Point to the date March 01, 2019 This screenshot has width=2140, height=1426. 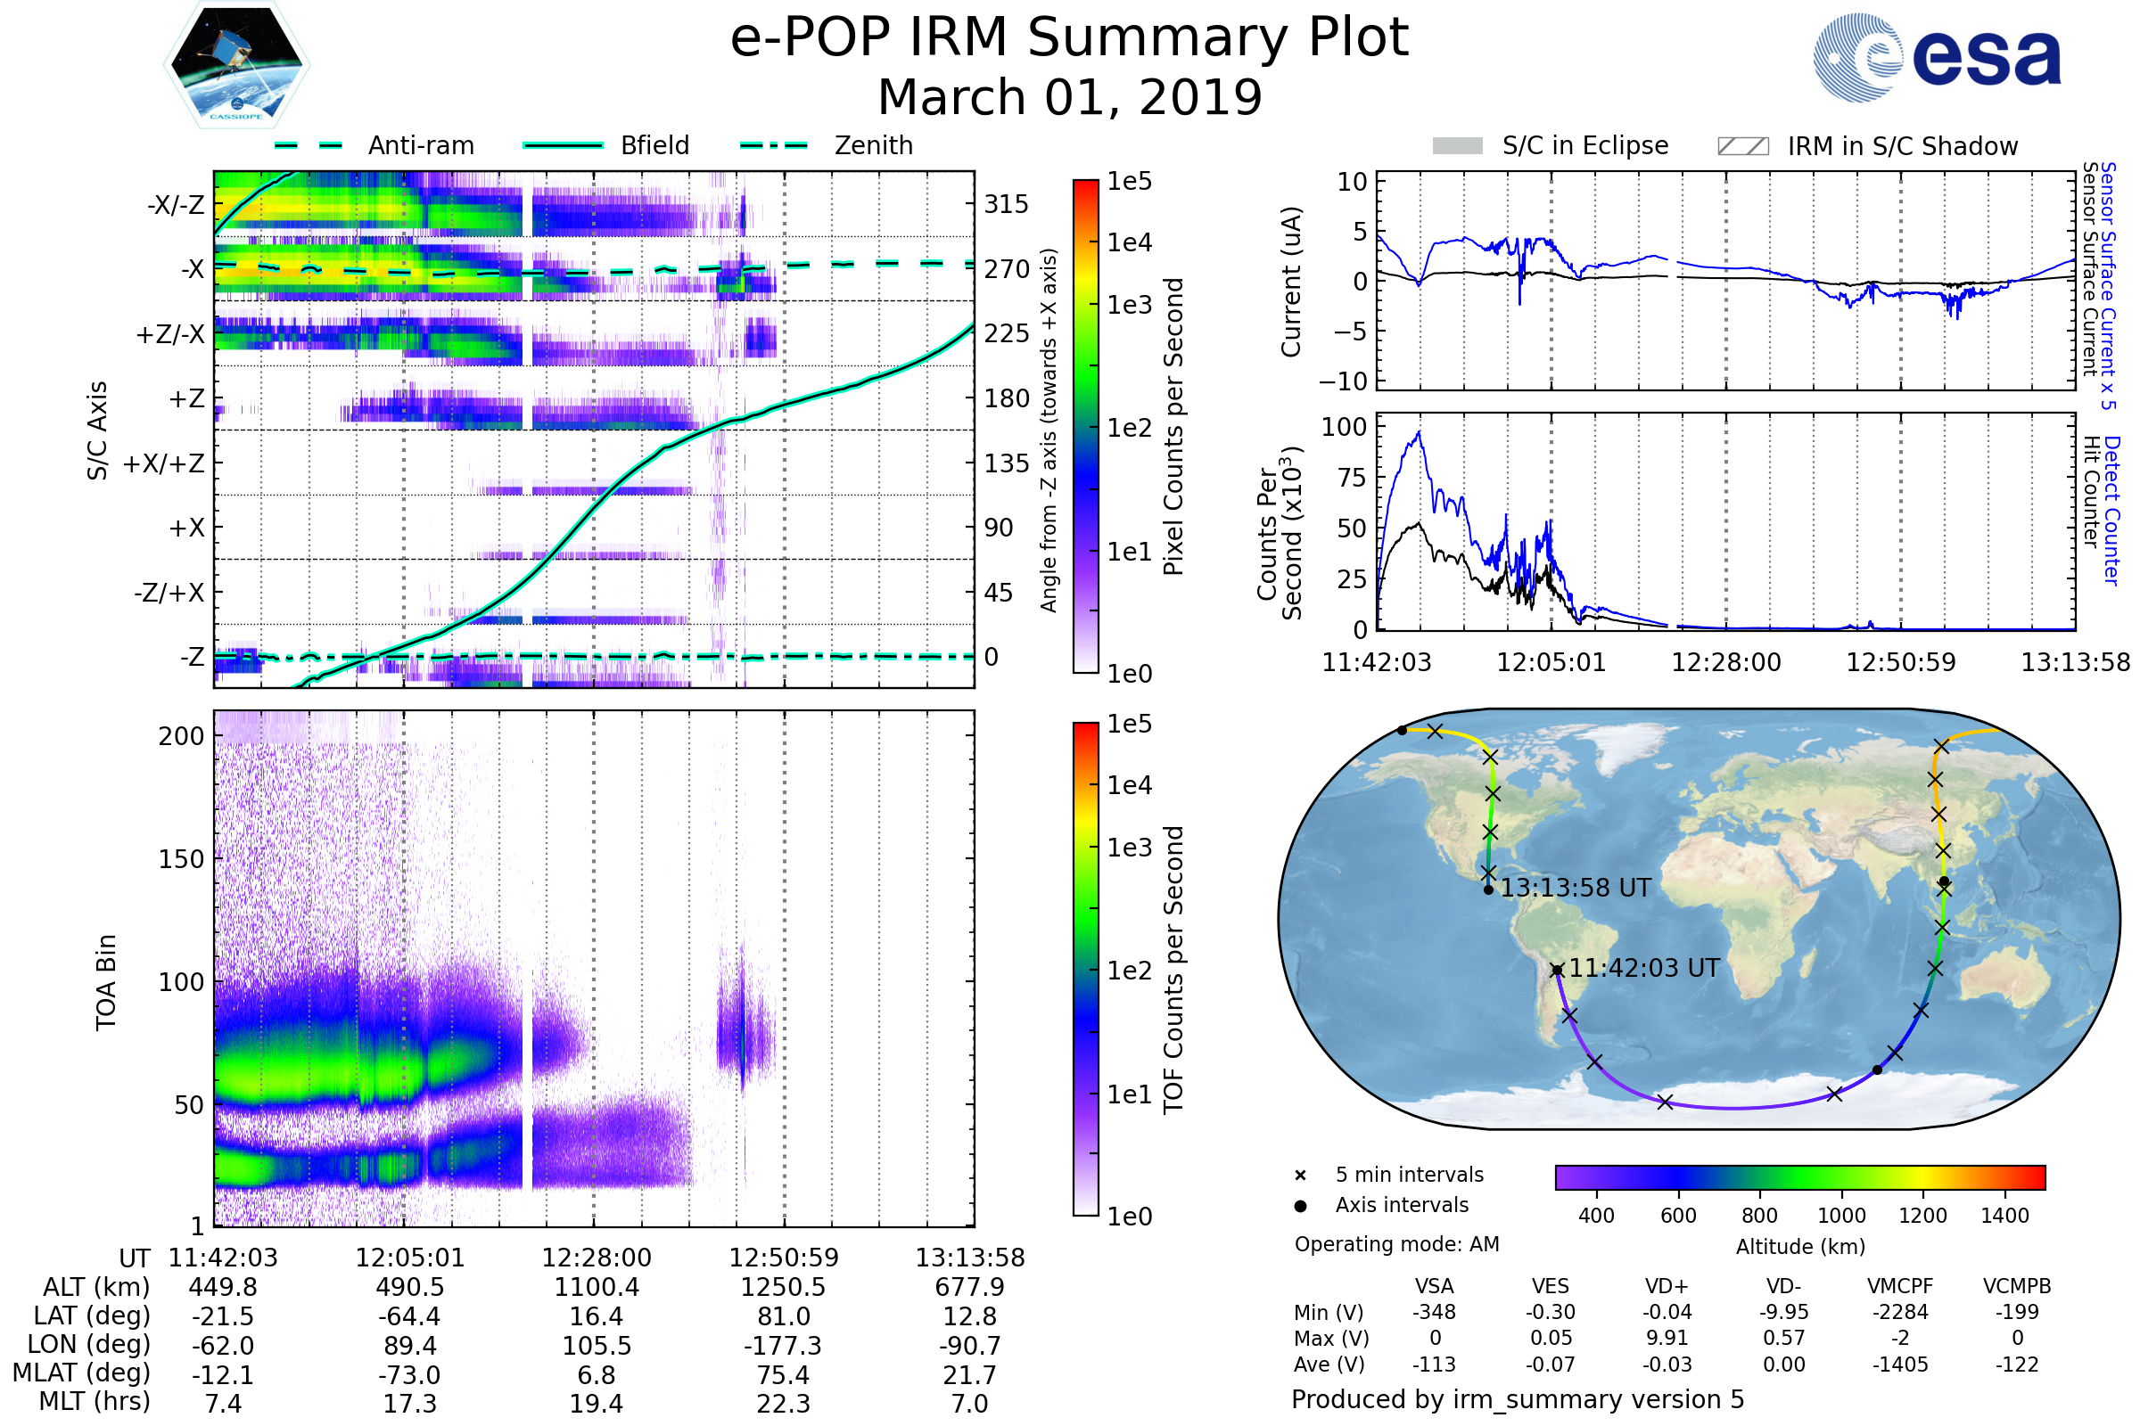1069,97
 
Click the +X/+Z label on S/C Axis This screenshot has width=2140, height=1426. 164,463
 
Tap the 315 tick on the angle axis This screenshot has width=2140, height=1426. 1006,204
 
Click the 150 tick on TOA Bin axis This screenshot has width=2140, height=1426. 181,859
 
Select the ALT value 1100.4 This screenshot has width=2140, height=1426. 596,1288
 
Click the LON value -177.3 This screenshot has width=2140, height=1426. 783,1346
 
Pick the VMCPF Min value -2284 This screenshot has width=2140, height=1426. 1900,1312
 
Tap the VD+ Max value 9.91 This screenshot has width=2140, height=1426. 1667,1339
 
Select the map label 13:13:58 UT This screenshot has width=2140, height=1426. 1575,889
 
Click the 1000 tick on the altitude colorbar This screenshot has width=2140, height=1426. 1840,1216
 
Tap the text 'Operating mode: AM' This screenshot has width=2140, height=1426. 1396,1244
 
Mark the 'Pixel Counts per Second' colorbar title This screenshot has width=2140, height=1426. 1173,427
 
